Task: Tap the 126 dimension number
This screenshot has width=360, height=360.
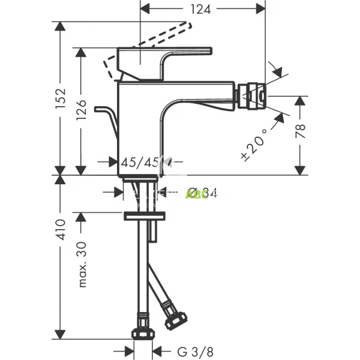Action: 83,112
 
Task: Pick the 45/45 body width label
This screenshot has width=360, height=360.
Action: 139,162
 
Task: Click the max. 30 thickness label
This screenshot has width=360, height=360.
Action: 83,265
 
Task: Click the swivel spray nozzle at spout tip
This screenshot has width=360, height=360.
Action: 251,96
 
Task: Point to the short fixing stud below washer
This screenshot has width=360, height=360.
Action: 155,230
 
